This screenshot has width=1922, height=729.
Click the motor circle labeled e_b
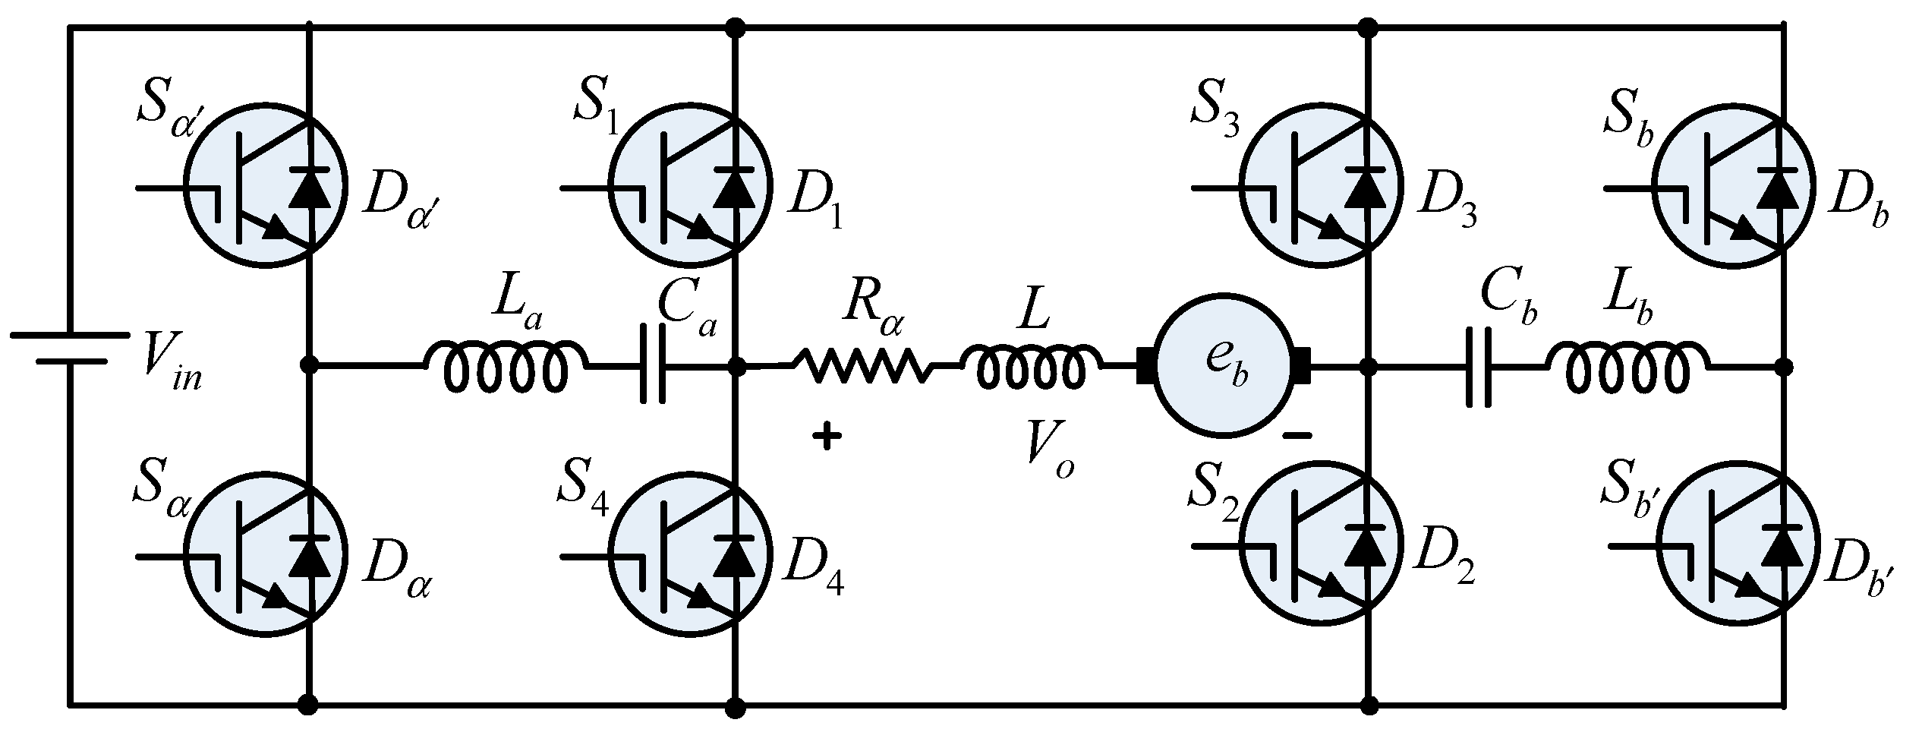click(1222, 367)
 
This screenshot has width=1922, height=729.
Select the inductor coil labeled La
click(505, 367)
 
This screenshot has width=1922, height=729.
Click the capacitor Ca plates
click(652, 367)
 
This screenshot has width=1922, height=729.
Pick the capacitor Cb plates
click(1478, 367)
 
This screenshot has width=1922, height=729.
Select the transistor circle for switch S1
click(691, 185)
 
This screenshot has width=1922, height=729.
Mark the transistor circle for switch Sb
click(1735, 185)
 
